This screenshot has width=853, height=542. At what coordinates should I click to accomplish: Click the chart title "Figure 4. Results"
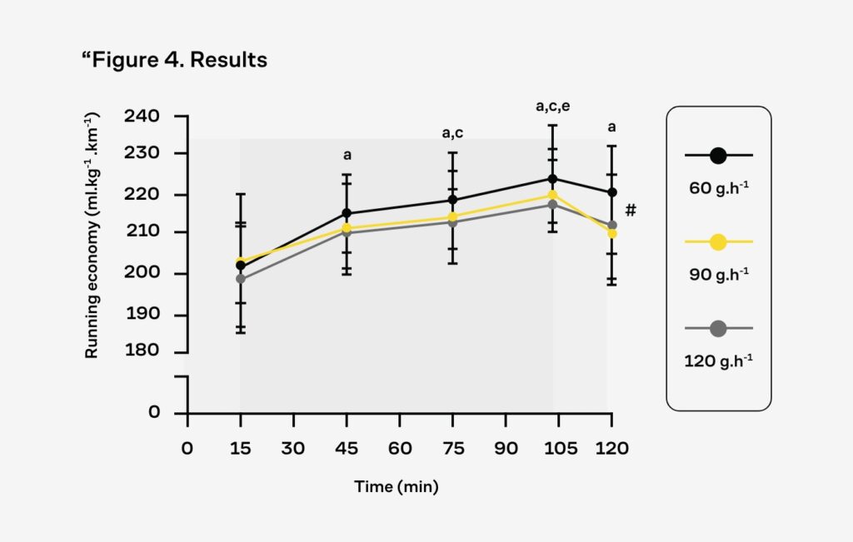(175, 61)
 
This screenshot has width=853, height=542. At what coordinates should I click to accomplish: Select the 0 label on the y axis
(154, 412)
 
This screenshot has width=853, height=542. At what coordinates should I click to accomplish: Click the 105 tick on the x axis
(560, 448)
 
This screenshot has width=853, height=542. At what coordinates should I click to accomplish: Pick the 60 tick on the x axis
(400, 448)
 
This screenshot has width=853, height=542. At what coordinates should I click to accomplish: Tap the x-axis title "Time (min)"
(397, 486)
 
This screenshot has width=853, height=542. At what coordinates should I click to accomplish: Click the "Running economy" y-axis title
(92, 235)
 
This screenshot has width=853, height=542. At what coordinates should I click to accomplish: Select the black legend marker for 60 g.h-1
(718, 155)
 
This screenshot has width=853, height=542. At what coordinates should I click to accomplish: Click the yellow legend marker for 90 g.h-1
(718, 242)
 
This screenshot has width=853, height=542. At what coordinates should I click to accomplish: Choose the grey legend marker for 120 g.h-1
(718, 329)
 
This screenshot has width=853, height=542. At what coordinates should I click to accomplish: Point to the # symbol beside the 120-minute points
(631, 211)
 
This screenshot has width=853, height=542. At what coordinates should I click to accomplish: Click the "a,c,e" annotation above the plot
(552, 107)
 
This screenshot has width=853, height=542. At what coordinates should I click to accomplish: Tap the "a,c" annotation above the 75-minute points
(452, 133)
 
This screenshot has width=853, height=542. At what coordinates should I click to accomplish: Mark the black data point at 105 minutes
(552, 178)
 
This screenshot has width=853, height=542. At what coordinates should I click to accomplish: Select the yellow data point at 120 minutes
(612, 234)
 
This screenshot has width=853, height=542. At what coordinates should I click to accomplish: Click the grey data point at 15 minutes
(241, 279)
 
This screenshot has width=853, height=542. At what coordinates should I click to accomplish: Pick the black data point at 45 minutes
(347, 213)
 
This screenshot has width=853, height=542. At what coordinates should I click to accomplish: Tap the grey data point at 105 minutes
(552, 204)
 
